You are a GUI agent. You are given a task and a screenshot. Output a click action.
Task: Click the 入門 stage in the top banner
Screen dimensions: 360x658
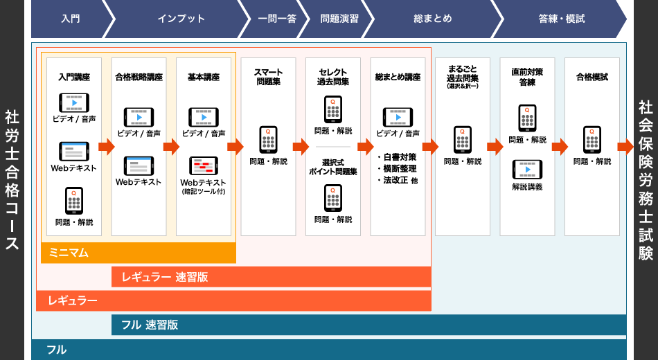pos(70,19)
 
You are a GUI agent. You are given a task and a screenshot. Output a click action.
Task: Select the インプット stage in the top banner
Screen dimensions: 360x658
pos(181,19)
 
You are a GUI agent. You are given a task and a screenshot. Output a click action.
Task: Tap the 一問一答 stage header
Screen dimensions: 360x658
pos(277,19)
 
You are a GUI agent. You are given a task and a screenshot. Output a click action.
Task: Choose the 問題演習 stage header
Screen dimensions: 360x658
pos(339,19)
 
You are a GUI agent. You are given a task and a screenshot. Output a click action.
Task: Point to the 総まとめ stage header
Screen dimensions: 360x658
pos(433,19)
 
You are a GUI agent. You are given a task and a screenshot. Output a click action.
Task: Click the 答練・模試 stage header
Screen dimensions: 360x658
pos(562,19)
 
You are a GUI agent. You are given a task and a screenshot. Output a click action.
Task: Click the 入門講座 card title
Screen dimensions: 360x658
pos(74,77)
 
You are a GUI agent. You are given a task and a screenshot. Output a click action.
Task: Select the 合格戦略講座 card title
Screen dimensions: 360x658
pos(139,77)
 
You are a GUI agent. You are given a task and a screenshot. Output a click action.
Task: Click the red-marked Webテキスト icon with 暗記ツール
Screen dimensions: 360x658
pos(204,166)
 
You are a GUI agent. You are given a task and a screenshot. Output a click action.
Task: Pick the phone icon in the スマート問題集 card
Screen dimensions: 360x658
pos(268,139)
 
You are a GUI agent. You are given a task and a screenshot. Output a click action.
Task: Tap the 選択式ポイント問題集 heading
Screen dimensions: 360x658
pos(332,167)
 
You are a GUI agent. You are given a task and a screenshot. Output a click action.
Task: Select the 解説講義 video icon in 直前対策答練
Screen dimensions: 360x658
pos(527,170)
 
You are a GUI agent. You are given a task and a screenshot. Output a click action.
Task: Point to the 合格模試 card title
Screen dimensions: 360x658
pos(592,77)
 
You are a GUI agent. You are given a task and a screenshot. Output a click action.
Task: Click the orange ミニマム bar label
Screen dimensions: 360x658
pos(69,253)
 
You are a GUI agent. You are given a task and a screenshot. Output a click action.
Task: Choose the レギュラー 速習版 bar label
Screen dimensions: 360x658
pos(164,277)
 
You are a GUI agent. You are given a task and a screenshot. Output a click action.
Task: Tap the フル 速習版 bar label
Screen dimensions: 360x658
pos(150,325)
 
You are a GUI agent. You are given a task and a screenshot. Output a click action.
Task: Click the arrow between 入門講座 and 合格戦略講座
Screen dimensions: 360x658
pos(106,147)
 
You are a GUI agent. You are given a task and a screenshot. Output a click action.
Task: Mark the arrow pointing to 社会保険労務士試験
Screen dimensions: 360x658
pos(625,147)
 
